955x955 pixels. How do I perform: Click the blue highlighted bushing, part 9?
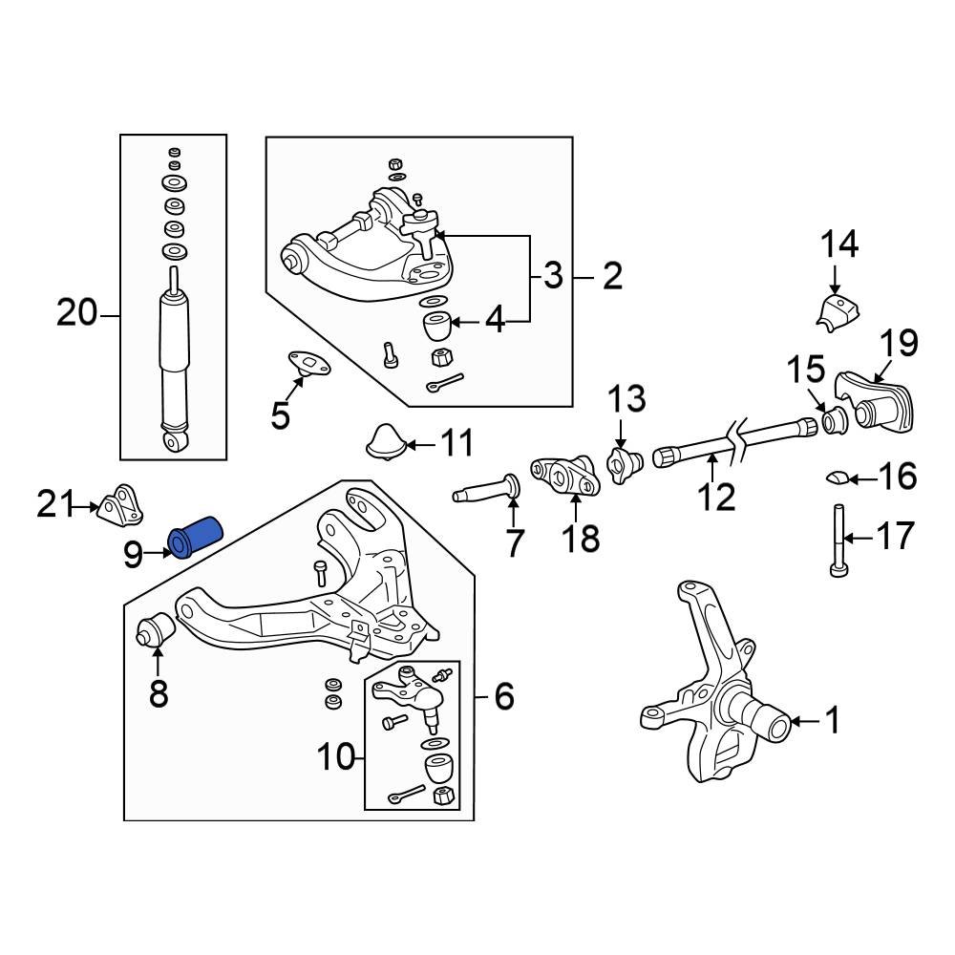[x=195, y=535]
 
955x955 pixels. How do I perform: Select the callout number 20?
[x=77, y=312]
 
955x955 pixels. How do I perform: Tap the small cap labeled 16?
[x=836, y=477]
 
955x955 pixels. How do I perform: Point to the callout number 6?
[x=504, y=697]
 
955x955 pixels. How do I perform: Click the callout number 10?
[x=335, y=758]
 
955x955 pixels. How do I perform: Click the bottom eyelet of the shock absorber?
[x=176, y=440]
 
